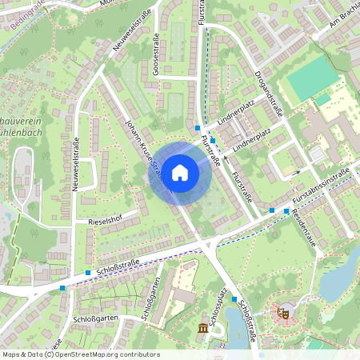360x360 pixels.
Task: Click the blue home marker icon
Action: tap(180, 172)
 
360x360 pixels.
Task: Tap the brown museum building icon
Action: tap(202, 329)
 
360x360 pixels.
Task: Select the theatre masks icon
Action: tap(282, 313)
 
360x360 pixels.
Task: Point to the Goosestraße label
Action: tap(157, 57)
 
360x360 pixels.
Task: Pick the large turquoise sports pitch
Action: tap(313, 77)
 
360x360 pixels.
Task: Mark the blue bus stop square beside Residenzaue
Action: tap(286, 210)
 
